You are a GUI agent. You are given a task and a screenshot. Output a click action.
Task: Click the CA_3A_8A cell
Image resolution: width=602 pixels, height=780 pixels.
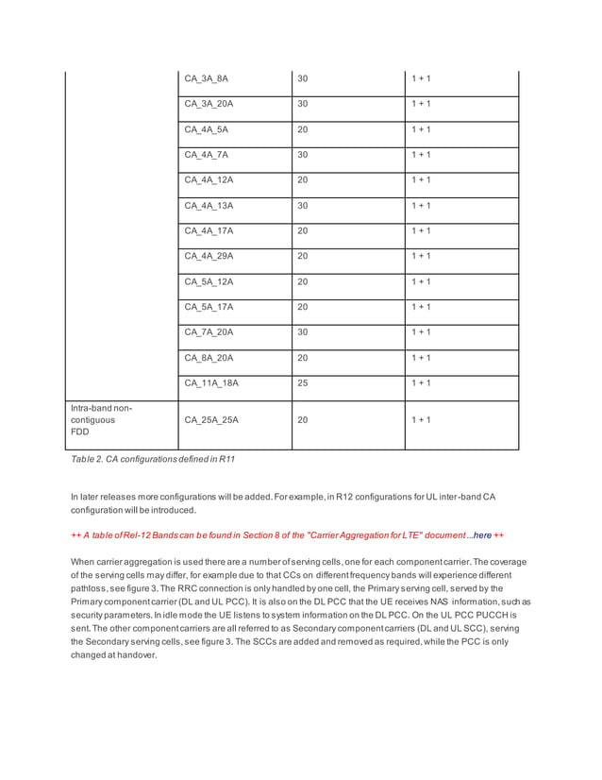(x=206, y=78)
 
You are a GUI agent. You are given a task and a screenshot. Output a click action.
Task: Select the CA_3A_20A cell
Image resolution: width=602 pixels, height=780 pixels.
(x=209, y=104)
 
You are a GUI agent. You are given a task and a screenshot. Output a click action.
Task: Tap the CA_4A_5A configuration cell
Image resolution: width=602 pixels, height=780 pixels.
(x=206, y=129)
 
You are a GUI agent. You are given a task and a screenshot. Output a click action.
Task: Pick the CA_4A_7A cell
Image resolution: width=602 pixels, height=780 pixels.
(x=206, y=155)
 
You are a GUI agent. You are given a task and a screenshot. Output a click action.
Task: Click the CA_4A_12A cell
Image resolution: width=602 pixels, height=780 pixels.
(x=209, y=180)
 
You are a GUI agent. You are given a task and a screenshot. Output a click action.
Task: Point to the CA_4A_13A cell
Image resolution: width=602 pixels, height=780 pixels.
(x=209, y=206)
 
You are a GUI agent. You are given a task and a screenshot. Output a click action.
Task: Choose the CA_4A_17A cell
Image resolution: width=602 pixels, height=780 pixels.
(x=209, y=231)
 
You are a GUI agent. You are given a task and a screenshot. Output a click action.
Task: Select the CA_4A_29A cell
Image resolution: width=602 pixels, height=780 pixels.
(x=209, y=256)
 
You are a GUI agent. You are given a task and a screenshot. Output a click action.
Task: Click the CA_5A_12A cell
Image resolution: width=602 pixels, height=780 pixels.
(x=209, y=281)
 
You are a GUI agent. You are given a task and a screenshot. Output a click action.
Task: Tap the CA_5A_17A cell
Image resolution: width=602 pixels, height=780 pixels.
(x=209, y=307)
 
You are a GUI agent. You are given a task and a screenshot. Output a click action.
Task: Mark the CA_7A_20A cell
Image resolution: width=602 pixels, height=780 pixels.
(x=209, y=332)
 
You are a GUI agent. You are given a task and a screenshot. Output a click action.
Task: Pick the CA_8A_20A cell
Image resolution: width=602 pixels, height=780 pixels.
(x=209, y=358)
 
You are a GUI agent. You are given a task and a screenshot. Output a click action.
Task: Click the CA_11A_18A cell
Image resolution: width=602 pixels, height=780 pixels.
(x=211, y=383)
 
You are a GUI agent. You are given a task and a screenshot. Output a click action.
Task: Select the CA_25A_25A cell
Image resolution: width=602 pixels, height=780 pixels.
(x=211, y=419)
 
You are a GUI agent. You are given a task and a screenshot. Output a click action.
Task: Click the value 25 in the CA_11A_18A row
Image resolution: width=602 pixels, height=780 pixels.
(x=303, y=383)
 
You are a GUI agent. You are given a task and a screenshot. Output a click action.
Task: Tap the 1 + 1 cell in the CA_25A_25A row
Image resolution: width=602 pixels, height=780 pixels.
(x=420, y=419)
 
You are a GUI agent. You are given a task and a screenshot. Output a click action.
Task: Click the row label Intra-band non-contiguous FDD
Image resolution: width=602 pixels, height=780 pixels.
(x=102, y=420)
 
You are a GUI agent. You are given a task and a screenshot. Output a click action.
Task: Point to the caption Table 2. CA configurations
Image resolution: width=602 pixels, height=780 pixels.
(x=153, y=459)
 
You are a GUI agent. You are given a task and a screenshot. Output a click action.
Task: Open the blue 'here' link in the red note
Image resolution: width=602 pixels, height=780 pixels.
(x=482, y=535)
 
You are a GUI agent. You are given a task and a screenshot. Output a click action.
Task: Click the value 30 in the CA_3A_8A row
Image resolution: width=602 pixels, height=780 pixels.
(x=303, y=78)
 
